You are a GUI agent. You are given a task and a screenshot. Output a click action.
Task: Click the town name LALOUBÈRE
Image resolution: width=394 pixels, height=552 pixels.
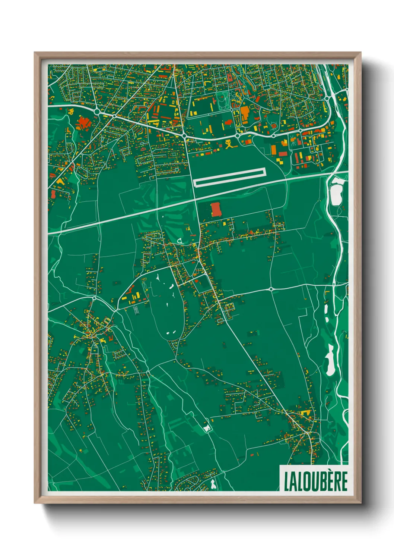tap(315, 482)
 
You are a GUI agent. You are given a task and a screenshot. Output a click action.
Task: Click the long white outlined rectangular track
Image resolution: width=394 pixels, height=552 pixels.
tap(229, 178)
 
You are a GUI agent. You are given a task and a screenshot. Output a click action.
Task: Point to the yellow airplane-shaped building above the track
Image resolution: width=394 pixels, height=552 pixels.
tap(230, 144)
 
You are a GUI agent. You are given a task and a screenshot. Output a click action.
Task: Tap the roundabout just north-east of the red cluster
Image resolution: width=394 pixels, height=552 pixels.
tap(98, 111)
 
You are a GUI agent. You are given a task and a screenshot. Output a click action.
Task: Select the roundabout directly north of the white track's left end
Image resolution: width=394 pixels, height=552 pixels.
tap(184, 137)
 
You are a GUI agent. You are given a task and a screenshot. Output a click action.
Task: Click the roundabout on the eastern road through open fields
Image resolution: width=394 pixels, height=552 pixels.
tap(271, 289)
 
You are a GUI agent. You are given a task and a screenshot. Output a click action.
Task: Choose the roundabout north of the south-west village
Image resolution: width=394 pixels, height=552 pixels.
tap(95, 298)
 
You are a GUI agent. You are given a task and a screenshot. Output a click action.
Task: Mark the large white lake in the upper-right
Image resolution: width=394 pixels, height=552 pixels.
tap(336, 192)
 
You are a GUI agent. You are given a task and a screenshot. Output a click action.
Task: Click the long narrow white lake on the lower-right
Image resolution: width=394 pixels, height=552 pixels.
tap(330, 360)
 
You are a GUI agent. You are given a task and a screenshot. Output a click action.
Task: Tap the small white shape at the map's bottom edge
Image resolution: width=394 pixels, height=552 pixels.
tap(213, 484)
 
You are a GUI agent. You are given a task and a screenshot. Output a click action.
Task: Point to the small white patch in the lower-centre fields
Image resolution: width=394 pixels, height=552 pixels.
tap(207, 428)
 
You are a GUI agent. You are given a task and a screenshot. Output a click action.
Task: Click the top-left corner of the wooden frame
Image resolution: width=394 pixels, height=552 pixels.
tap(35, 53)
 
